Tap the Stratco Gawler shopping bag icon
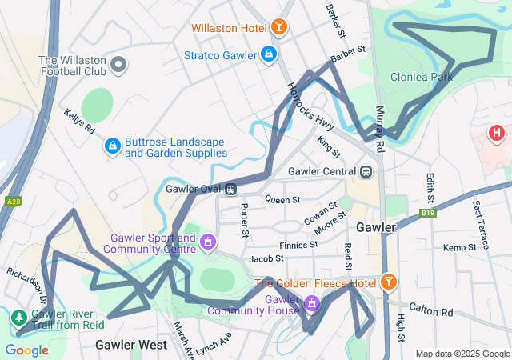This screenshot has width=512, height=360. [x=269, y=54]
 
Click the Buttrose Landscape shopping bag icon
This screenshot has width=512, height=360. [x=113, y=146]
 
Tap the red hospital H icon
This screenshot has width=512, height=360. [x=498, y=133]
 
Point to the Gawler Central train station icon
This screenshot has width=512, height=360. [x=366, y=171]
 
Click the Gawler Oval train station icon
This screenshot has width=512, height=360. [x=230, y=189]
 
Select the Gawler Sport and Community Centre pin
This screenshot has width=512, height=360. [x=208, y=240]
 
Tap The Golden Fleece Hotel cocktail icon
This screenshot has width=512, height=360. [x=389, y=282]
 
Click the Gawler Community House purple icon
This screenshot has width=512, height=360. [x=313, y=303]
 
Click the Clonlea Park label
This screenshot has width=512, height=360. [x=421, y=78]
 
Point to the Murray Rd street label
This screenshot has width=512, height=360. [x=379, y=128]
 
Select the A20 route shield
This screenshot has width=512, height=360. [x=11, y=202]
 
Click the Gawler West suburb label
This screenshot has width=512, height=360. [x=131, y=345]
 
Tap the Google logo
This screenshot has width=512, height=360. [x=26, y=350]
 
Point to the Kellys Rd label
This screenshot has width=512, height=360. [x=80, y=122]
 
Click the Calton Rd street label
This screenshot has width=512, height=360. [x=430, y=310]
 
